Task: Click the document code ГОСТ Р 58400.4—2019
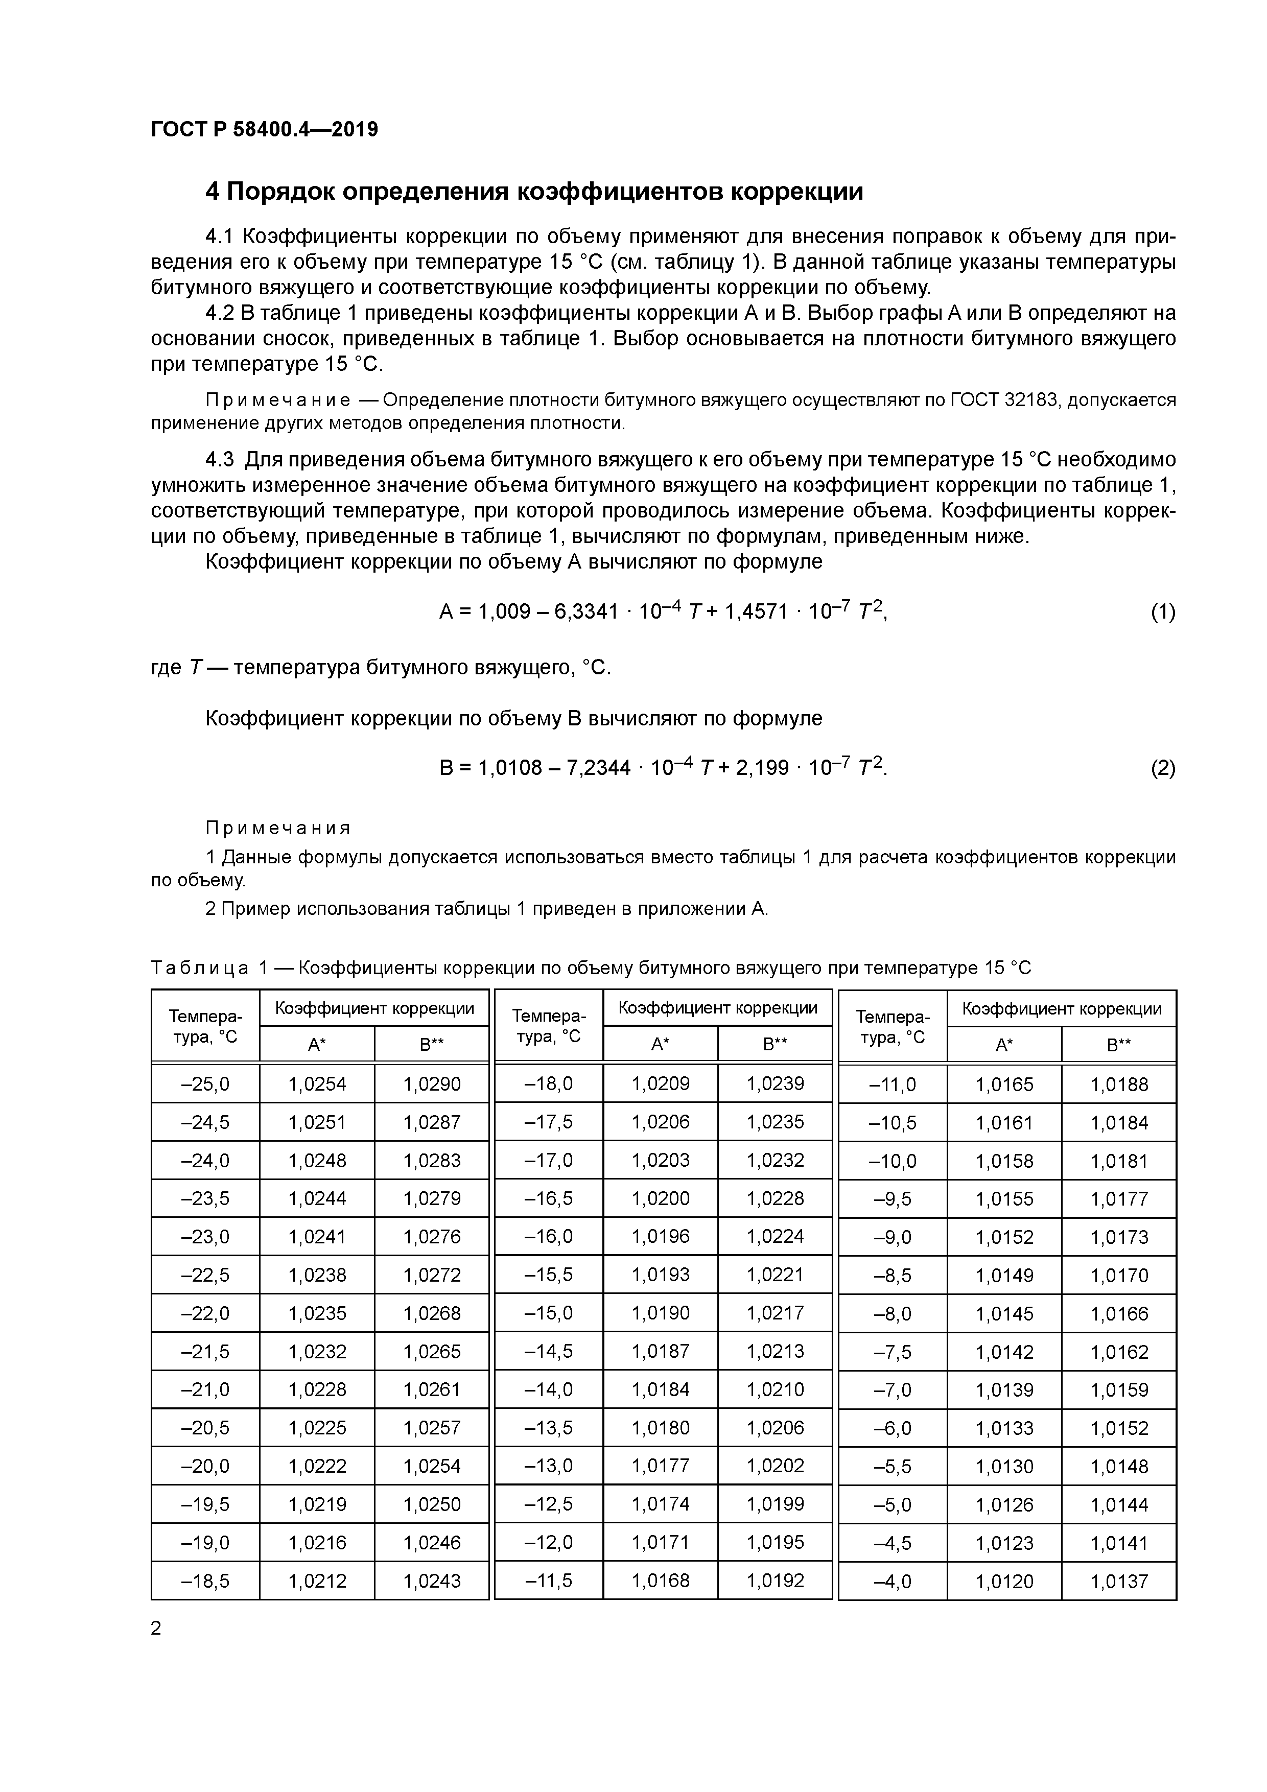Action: click(x=264, y=130)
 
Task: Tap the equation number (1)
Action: click(x=1162, y=612)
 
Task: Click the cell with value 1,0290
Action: click(x=432, y=1084)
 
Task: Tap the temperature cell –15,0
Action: click(x=549, y=1313)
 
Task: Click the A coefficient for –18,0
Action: click(x=661, y=1084)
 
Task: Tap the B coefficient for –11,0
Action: click(x=1119, y=1084)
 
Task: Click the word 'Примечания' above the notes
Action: click(x=278, y=828)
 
